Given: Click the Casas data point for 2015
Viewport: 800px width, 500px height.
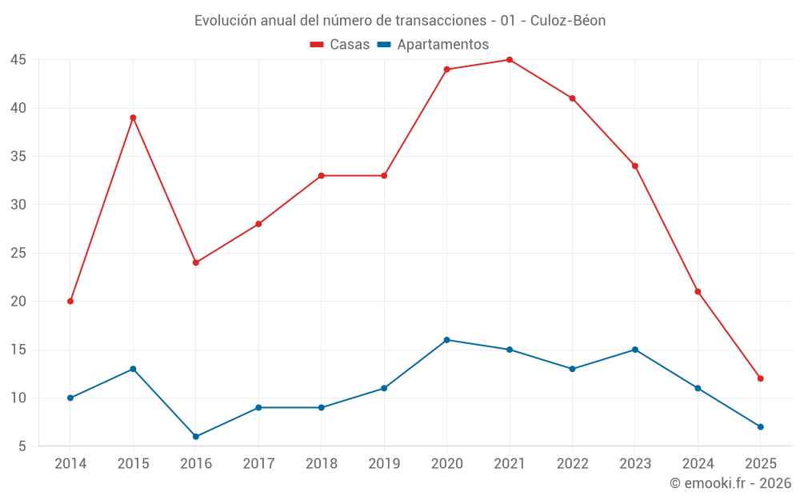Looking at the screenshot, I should click(x=133, y=118).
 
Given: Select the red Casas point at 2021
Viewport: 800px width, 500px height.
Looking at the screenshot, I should click(x=510, y=59).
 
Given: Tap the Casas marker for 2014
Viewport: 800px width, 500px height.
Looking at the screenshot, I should click(x=70, y=302).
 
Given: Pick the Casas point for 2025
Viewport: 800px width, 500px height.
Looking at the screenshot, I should click(x=761, y=378).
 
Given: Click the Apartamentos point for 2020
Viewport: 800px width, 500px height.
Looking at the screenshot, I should click(x=447, y=340).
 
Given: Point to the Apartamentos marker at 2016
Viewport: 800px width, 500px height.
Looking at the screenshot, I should click(x=196, y=437).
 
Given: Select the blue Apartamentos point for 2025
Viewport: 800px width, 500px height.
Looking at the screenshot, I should click(x=761, y=427).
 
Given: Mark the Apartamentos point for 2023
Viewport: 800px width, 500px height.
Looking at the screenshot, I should click(x=635, y=350).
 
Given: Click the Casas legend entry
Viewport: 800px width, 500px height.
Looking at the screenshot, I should click(x=340, y=44).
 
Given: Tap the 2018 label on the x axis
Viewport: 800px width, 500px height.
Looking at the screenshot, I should click(x=321, y=463).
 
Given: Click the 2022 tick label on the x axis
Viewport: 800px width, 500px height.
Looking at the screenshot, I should click(x=572, y=463).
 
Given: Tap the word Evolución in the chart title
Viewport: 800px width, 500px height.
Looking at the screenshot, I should click(x=226, y=21).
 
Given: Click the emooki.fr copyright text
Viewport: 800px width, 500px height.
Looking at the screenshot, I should click(x=730, y=483).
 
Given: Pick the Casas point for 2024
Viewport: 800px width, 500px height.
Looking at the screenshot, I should click(x=698, y=292).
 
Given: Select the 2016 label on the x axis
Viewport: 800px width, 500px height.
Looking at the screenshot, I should click(x=196, y=463).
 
